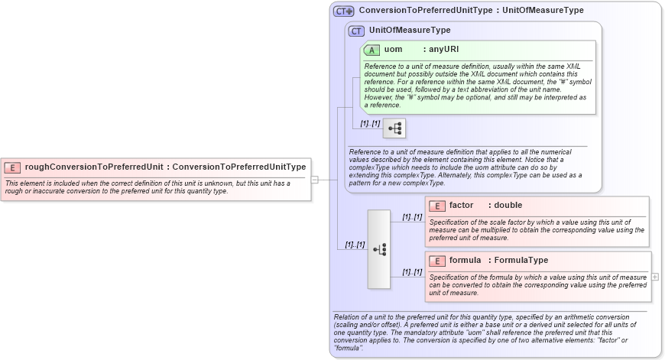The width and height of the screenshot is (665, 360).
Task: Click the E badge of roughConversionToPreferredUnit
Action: [13, 167]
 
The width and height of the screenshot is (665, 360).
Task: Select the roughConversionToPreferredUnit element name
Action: [94, 167]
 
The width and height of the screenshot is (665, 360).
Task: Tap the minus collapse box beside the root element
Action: [314, 180]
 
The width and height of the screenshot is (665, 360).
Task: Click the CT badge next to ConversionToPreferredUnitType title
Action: [344, 11]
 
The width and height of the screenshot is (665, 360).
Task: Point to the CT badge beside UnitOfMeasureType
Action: [356, 31]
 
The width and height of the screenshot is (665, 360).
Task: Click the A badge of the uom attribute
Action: [371, 50]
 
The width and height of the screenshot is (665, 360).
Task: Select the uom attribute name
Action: [393, 50]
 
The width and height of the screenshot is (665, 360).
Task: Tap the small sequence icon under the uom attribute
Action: [394, 128]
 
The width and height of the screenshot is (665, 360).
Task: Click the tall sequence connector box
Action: [378, 249]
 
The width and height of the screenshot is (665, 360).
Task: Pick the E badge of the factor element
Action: [436, 206]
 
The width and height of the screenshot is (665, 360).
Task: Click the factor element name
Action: [461, 206]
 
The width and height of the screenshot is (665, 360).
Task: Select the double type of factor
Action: [508, 206]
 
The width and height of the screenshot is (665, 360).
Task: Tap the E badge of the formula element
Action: [436, 261]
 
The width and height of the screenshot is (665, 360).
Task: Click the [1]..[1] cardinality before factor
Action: [412, 217]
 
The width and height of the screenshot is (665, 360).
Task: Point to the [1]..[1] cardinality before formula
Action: [412, 272]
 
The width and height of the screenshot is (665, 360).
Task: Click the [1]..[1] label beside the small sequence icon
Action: [370, 123]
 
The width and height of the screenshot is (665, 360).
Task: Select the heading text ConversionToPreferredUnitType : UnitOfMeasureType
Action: [471, 11]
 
